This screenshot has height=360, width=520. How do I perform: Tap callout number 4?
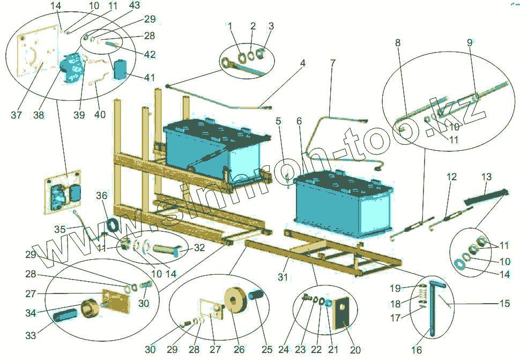click(303, 63)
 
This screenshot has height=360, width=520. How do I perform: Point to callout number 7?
click(333, 63)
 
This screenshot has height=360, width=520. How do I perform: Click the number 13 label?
click(486, 177)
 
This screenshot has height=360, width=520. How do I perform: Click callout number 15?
click(504, 304)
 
